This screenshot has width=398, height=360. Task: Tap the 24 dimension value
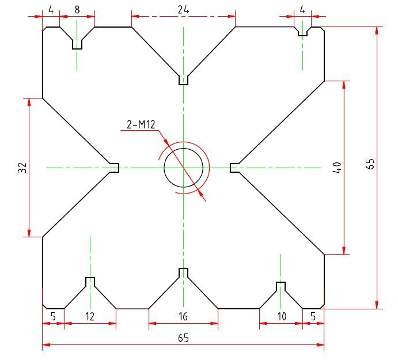point(183,9)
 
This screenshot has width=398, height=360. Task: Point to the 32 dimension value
point(22,168)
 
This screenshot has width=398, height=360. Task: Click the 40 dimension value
point(338,168)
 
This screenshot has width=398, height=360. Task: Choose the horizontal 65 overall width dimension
point(183,338)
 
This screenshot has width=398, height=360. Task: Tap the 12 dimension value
point(90,316)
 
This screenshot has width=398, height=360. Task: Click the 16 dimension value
point(183,316)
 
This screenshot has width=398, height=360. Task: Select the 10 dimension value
point(281,316)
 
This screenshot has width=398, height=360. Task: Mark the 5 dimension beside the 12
point(53,316)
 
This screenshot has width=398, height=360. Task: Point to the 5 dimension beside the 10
point(313,316)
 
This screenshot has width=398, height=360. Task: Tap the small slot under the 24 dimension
point(183,80)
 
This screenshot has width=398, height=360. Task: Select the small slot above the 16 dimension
point(183,272)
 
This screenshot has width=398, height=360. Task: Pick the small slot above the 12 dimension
point(90,282)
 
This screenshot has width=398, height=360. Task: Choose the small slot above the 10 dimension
point(281,286)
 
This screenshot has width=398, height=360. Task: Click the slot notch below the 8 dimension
point(77,44)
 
